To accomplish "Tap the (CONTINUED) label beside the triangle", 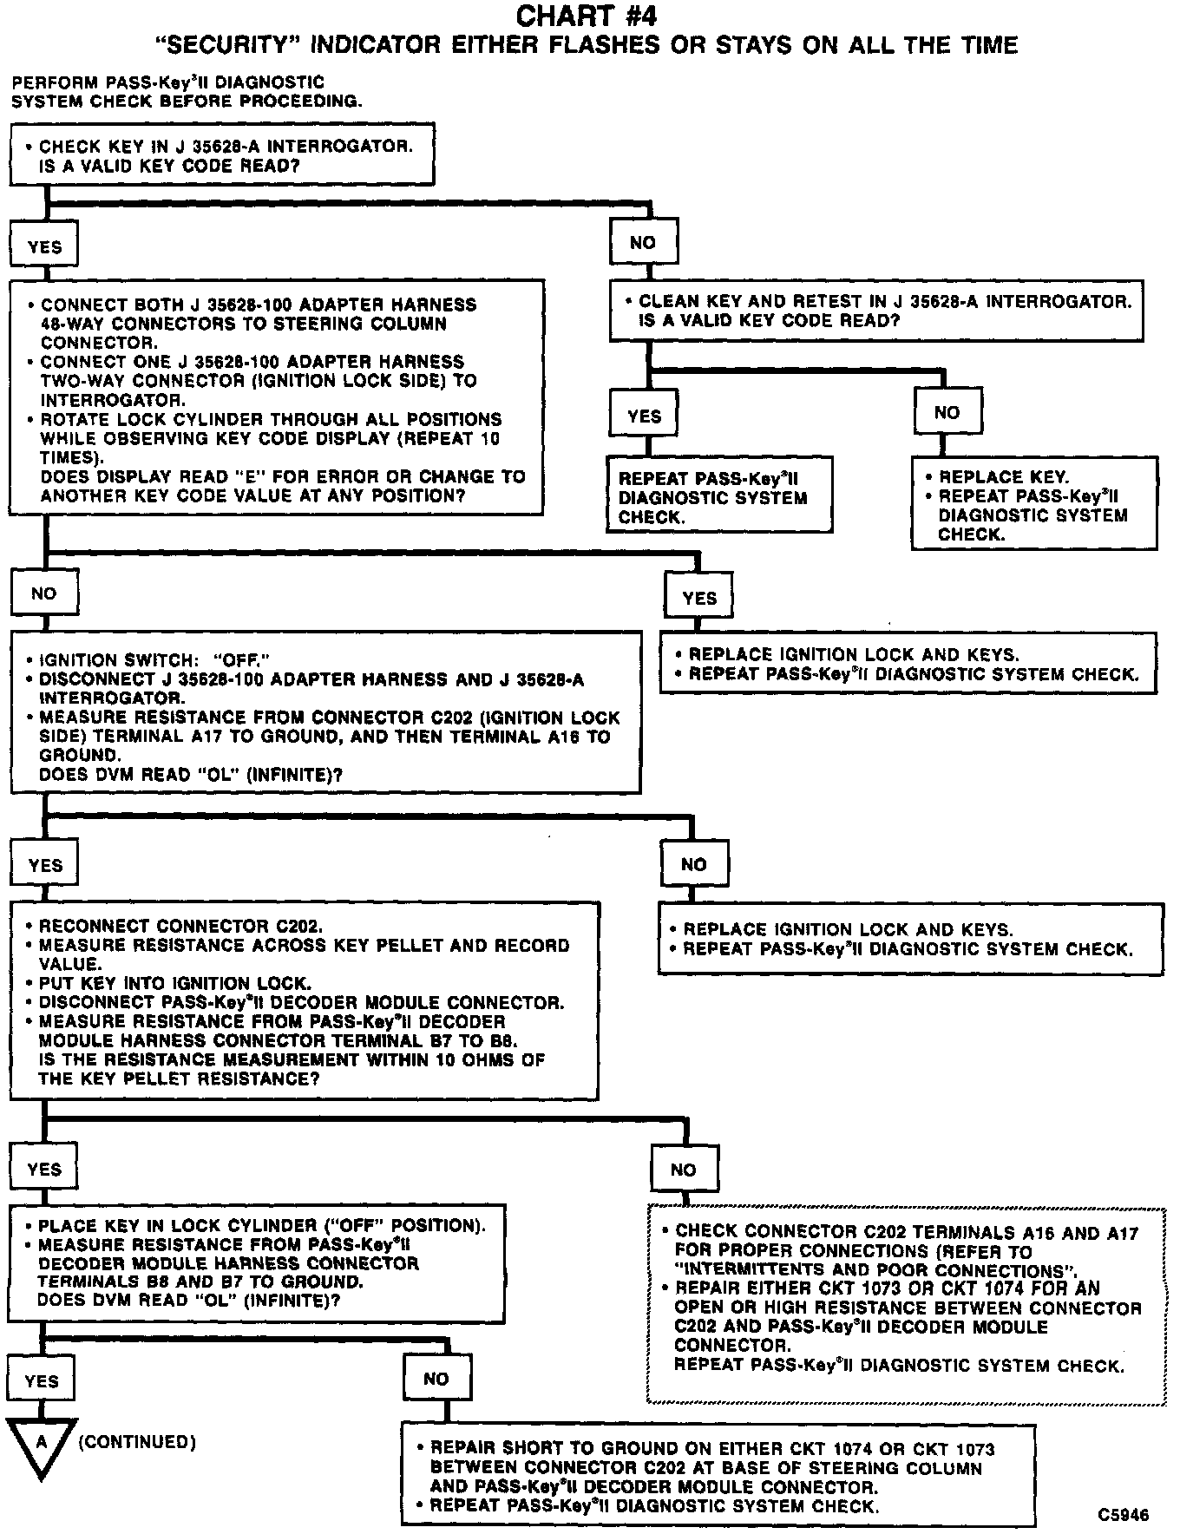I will point(137,1442).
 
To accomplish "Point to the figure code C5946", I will point(1123,1514).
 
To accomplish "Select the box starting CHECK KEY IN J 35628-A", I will point(221,154).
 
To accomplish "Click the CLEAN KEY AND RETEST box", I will point(876,311).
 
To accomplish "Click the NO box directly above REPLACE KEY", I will point(947,413).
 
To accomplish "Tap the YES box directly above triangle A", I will point(42,1380).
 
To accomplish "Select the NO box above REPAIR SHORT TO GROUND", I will point(436,1379).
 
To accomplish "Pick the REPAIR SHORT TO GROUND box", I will point(718,1477).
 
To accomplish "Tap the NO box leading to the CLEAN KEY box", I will point(643,243).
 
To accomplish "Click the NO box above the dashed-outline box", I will point(684,1170).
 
